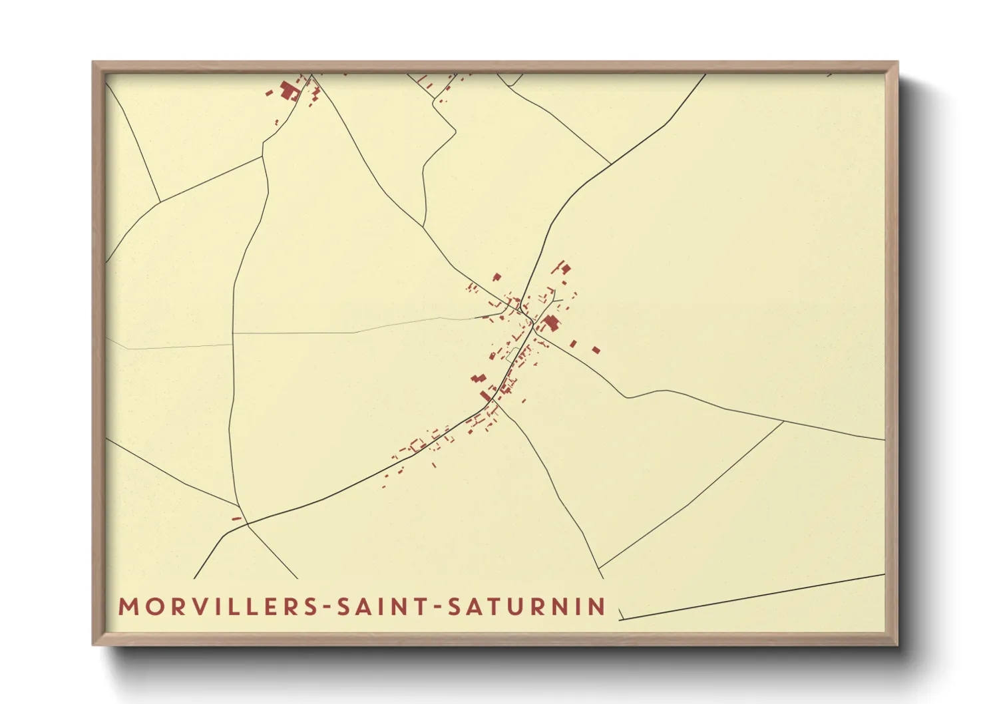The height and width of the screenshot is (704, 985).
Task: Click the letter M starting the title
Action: click(128, 607)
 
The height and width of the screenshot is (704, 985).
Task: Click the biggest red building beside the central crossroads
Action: click(550, 324)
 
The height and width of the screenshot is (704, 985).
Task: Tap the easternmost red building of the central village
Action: click(596, 349)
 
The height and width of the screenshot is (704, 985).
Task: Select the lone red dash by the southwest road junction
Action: click(236, 518)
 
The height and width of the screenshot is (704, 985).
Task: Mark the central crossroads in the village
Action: click(533, 323)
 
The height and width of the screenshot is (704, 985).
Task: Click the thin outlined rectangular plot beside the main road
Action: click(512, 355)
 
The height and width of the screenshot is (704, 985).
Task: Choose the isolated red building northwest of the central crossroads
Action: click(496, 277)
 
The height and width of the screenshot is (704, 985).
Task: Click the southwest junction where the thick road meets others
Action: click(247, 524)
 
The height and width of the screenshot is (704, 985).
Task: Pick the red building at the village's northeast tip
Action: click(565, 269)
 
